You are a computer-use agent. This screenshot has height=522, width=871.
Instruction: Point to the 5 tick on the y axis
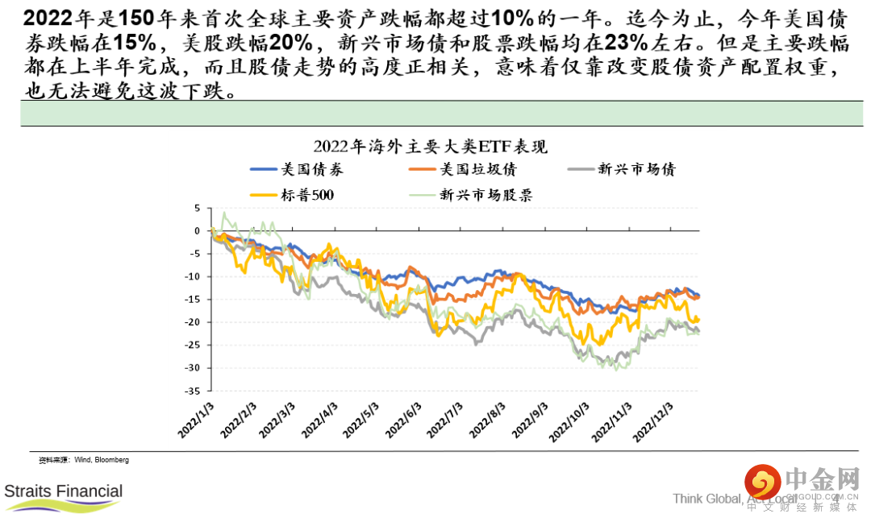point(196,208)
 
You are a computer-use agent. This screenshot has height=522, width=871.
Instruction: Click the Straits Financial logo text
point(64,491)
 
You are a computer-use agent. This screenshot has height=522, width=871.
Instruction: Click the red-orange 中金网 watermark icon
point(762,483)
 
